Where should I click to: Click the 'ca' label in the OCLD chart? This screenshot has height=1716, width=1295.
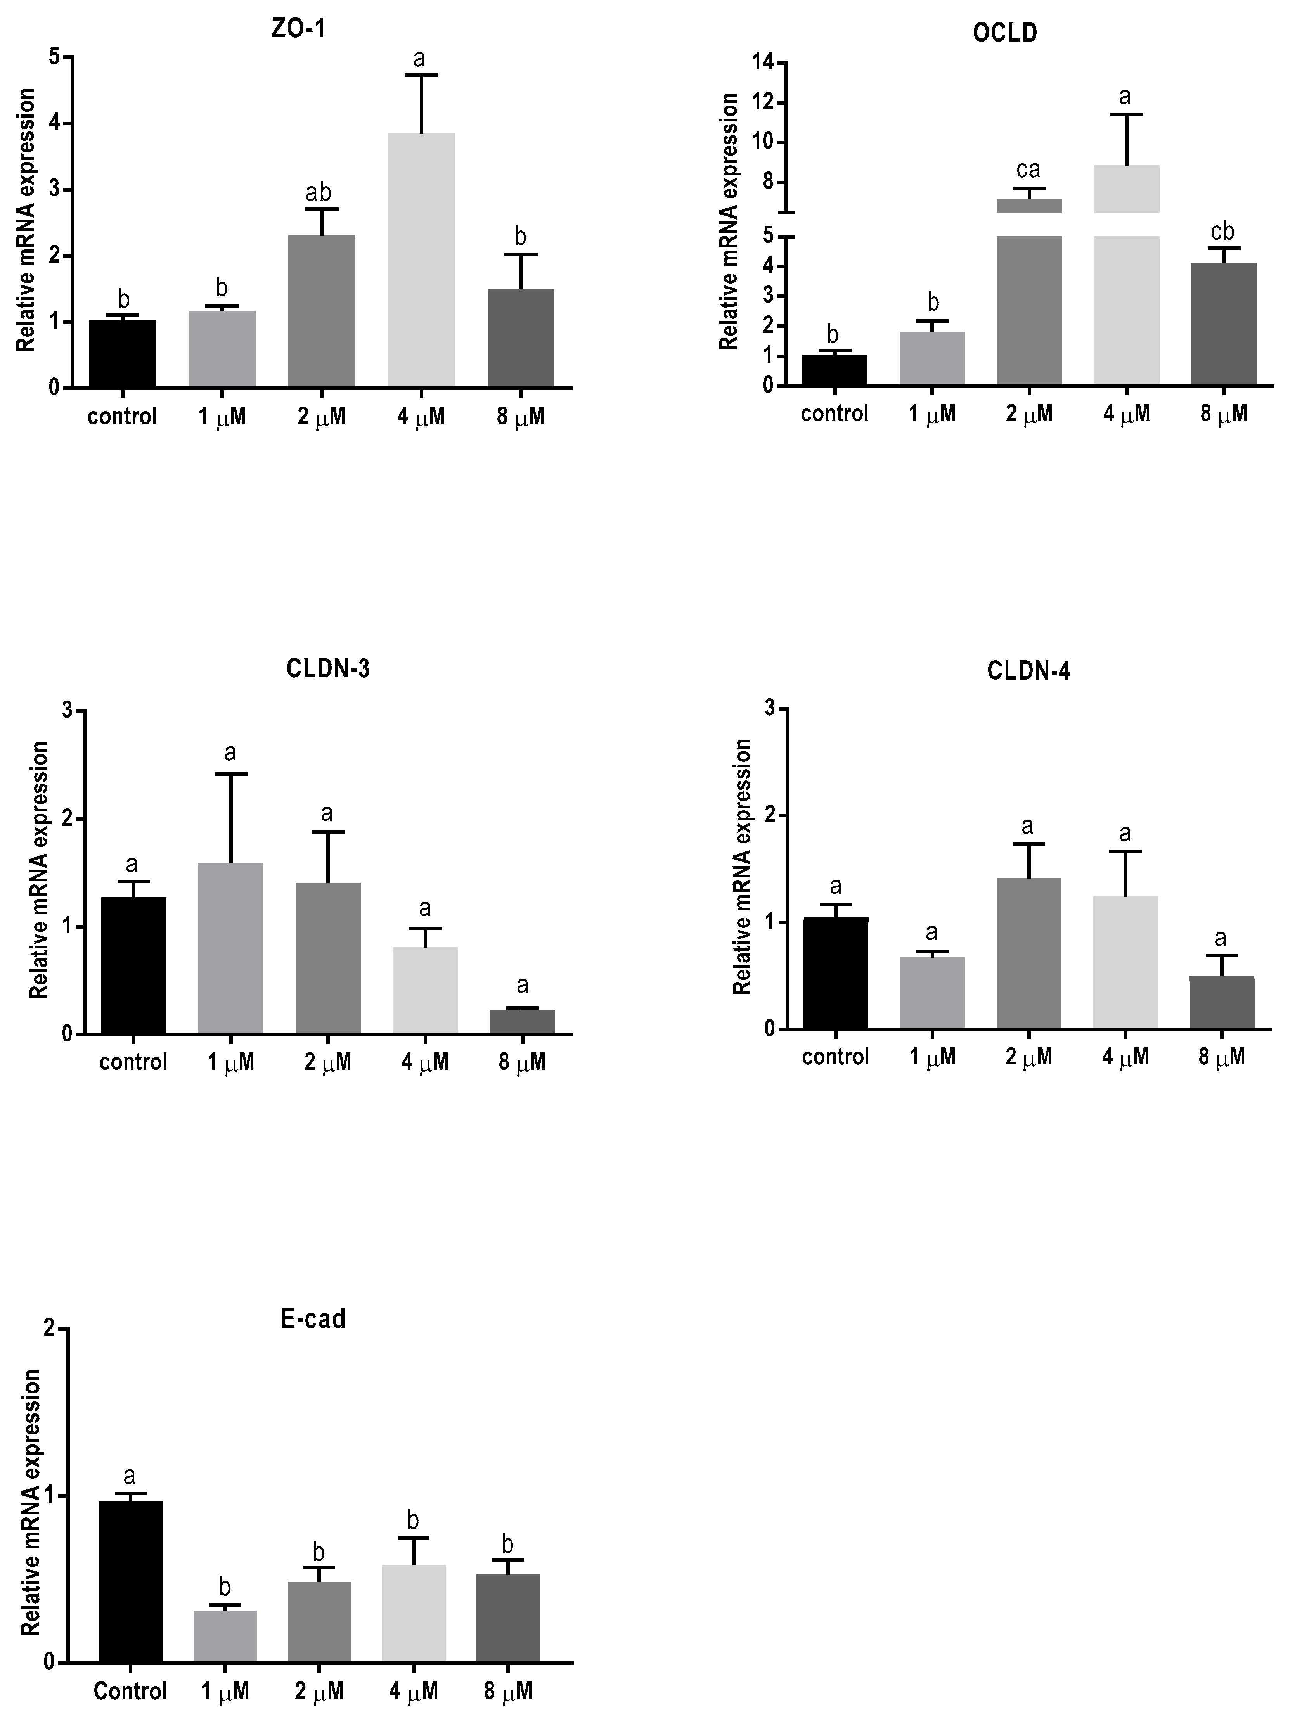click(1028, 169)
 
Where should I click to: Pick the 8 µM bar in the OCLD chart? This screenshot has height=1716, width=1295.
click(1224, 324)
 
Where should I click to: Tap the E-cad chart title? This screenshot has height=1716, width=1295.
click(313, 1319)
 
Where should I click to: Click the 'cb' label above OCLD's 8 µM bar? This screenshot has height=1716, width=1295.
click(1222, 231)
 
